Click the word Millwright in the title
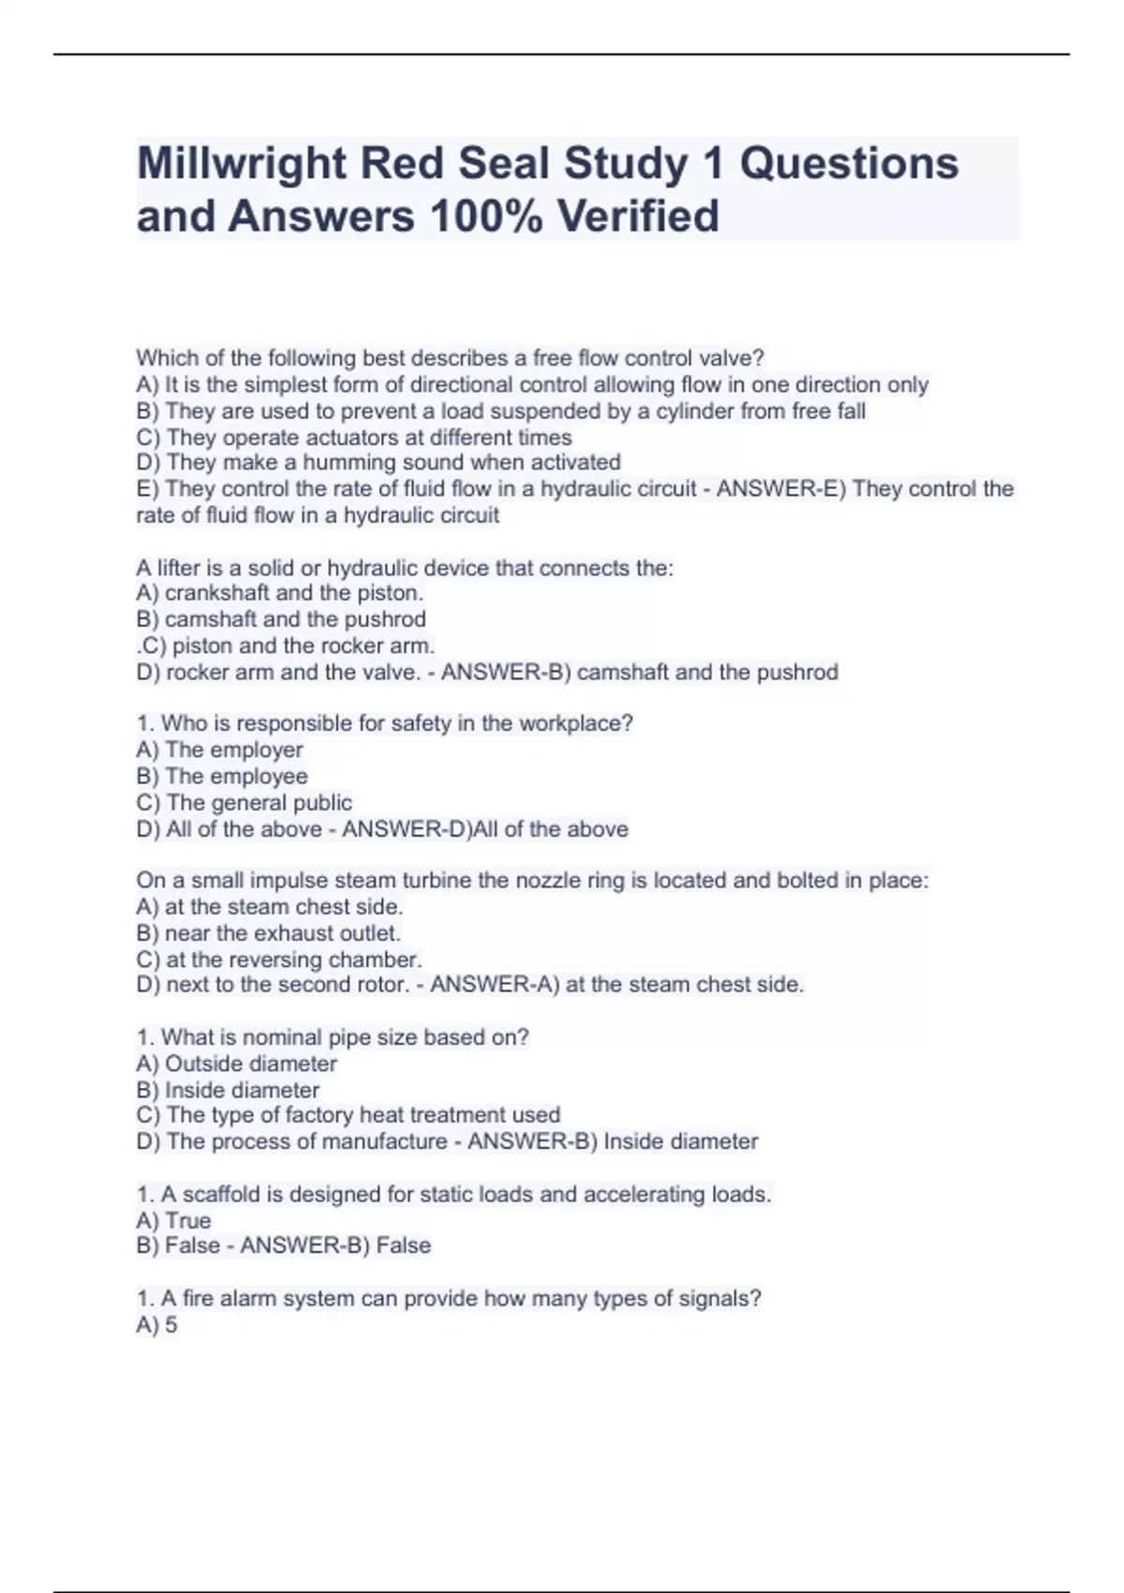[x=243, y=164]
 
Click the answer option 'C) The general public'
[x=244, y=802]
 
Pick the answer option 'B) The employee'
[x=222, y=776]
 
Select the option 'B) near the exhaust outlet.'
[x=268, y=933]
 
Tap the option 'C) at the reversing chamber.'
[x=279, y=960]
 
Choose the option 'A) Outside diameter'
[x=237, y=1064]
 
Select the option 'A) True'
[x=174, y=1220]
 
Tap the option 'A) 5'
[x=157, y=1325]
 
